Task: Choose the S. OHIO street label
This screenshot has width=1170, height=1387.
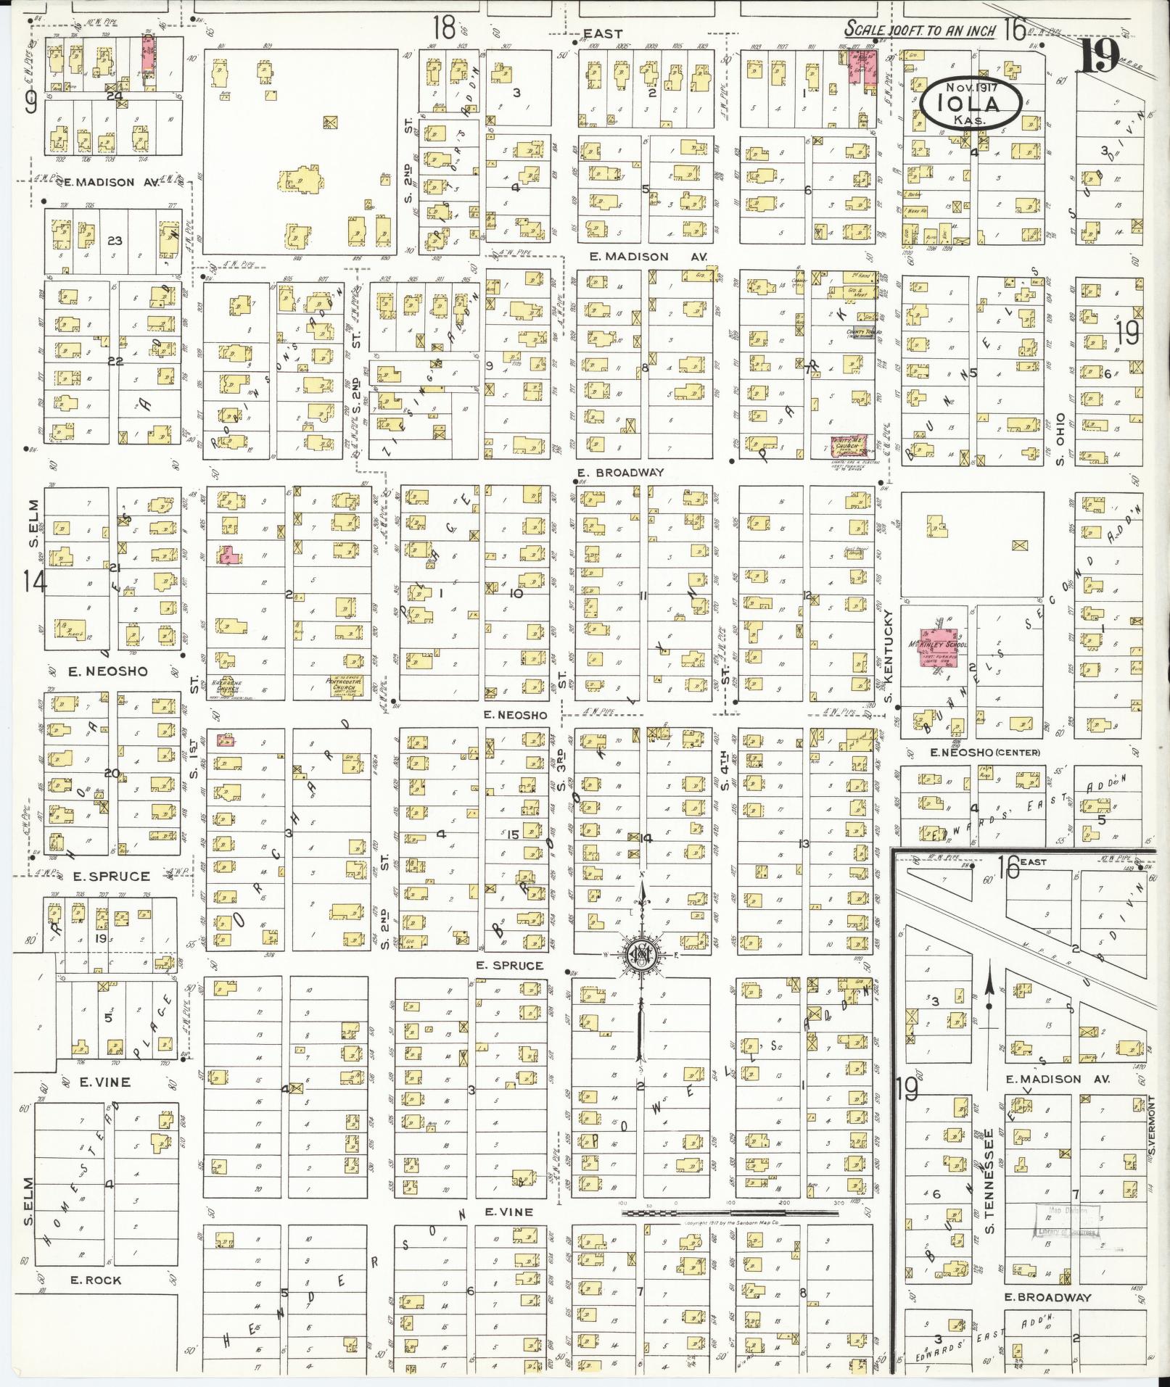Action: [x=1060, y=440]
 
